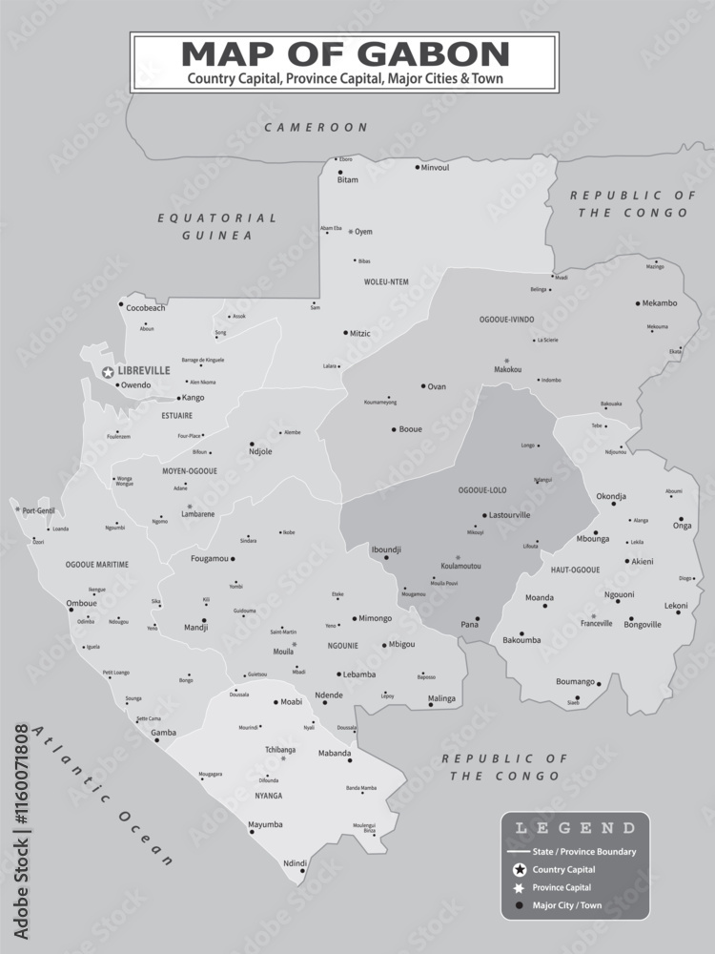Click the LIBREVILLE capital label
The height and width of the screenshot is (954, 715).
(x=144, y=370)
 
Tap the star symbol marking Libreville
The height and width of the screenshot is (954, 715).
(x=109, y=371)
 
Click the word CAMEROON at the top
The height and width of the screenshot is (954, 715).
(x=316, y=127)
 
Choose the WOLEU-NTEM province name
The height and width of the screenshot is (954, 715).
(x=386, y=281)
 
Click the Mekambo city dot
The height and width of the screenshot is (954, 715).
(x=638, y=303)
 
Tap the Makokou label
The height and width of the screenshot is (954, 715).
(x=508, y=369)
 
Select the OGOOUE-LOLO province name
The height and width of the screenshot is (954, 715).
(x=481, y=490)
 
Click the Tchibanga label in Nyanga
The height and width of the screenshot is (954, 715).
(x=281, y=750)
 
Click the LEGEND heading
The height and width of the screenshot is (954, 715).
(x=575, y=828)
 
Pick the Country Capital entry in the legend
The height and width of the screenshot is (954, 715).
(x=564, y=869)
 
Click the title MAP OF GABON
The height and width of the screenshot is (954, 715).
(x=345, y=52)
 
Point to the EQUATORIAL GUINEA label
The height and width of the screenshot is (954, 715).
(x=217, y=226)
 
